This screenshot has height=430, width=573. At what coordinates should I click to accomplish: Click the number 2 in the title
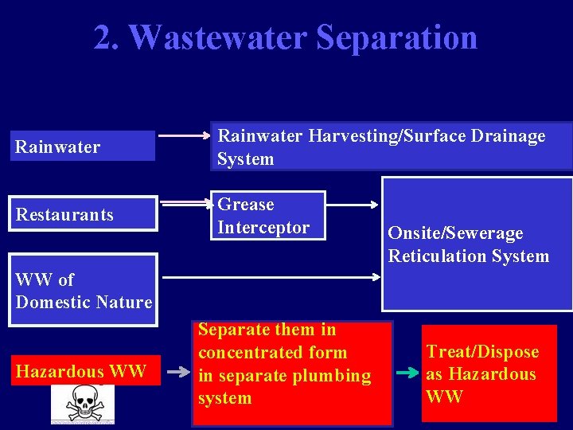click(102, 37)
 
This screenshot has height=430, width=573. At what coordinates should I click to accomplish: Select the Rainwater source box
click(82, 147)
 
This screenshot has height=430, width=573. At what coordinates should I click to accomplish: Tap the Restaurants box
click(83, 214)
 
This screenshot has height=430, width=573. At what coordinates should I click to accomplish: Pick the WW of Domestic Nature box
click(84, 290)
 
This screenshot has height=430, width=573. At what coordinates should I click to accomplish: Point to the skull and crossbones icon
click(82, 403)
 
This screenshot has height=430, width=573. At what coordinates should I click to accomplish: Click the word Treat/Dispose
click(482, 352)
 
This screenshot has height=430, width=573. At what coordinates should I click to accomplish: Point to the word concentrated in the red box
click(272, 353)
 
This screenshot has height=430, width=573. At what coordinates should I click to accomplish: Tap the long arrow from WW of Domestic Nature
click(271, 278)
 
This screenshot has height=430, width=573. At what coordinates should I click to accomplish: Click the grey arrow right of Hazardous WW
click(178, 369)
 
